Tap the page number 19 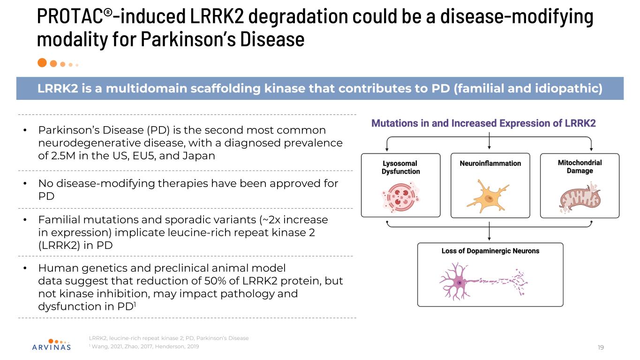pyautogui.click(x=601, y=347)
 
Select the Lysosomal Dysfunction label pyautogui.click(x=400, y=167)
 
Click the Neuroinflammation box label pyautogui.click(x=489, y=164)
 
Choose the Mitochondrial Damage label pyautogui.click(x=580, y=167)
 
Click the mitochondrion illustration pyautogui.click(x=578, y=199)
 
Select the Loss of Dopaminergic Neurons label pyautogui.click(x=490, y=251)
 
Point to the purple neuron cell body pyautogui.click(x=459, y=283)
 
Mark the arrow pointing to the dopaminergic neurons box pyautogui.click(x=489, y=233)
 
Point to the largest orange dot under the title pyautogui.click(x=42, y=62)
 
